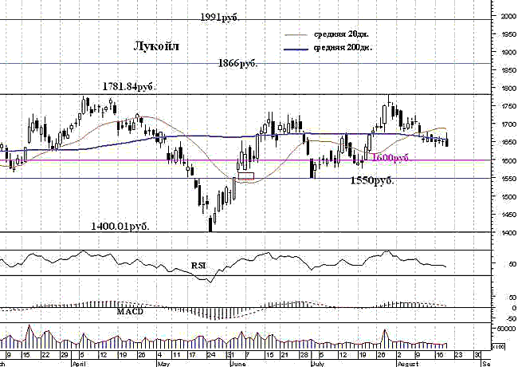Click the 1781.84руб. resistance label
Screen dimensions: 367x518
[x=128, y=86]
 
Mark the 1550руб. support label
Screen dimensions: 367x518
[x=372, y=181]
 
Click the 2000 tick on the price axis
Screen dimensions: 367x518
[x=504, y=16]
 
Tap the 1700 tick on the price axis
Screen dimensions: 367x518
[x=504, y=124]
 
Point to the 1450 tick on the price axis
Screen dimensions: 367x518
[x=504, y=215]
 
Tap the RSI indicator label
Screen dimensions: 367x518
[x=198, y=264]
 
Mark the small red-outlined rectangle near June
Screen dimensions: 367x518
[x=245, y=176]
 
